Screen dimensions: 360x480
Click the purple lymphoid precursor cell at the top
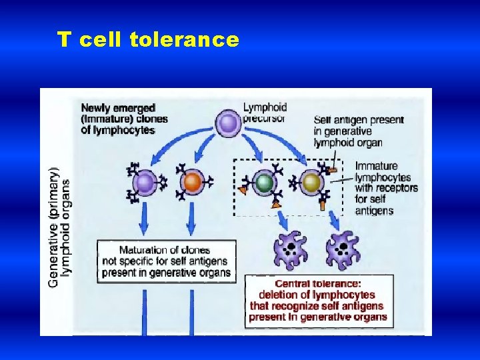pos(227,123)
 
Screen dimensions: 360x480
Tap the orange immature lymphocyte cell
pos(192,181)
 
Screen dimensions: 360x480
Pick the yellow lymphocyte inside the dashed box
pos(311,182)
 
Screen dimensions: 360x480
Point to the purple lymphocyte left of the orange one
pos(145,181)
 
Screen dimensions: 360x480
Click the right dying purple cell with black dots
pos(343,250)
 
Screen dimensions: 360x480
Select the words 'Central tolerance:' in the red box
pos(318,283)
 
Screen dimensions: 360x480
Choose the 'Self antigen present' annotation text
pos(359,120)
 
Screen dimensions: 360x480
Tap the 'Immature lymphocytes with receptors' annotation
pos(386,177)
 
